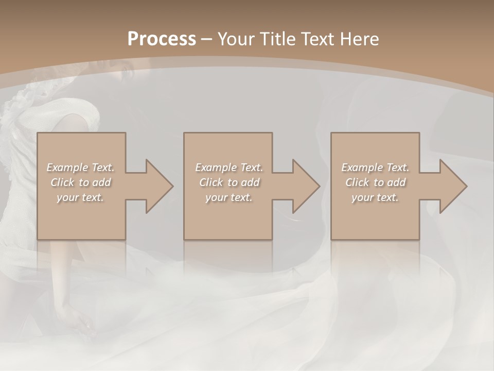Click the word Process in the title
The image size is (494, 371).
tap(162, 39)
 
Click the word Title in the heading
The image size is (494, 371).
tap(278, 39)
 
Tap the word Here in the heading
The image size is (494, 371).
tap(360, 39)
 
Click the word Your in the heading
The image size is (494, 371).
tap(236, 39)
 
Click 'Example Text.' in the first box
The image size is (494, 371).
tap(81, 167)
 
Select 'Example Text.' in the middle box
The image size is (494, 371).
tap(229, 167)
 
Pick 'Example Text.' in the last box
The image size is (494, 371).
tap(375, 167)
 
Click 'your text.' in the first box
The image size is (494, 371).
tap(80, 197)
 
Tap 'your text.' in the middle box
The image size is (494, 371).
tap(228, 197)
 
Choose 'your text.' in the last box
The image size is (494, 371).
tap(375, 197)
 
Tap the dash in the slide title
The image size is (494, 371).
tap(206, 39)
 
